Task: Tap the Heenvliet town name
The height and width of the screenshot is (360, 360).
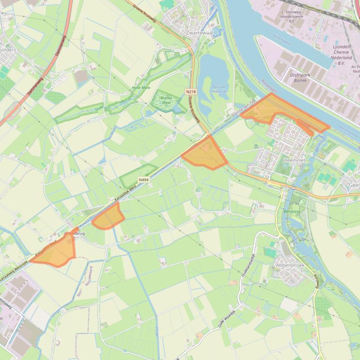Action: tap(294, 160)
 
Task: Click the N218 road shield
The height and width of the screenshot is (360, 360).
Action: tap(190, 92)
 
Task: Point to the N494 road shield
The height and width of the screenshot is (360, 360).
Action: tap(144, 180)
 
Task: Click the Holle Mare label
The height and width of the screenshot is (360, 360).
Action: tap(141, 87)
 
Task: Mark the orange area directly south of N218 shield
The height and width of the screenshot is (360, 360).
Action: tap(205, 153)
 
